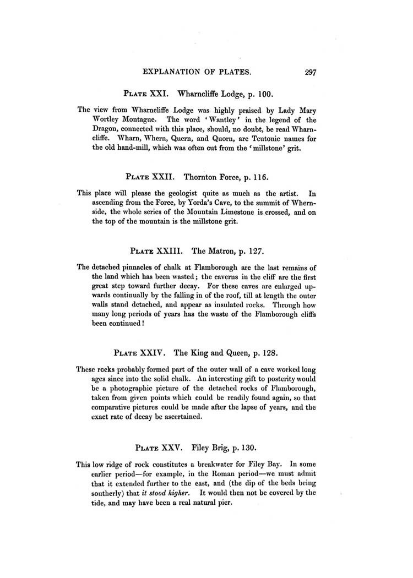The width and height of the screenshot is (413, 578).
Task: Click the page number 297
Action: (304, 72)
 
